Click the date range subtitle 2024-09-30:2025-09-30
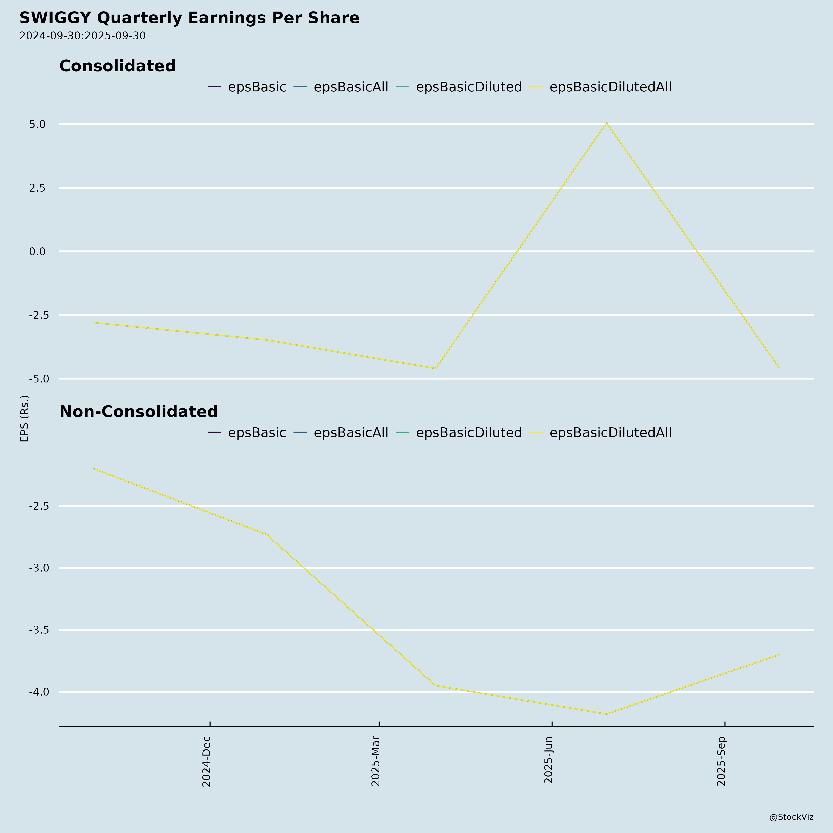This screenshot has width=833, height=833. pyautogui.click(x=82, y=36)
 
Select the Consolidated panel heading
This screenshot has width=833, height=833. pyautogui.click(x=117, y=66)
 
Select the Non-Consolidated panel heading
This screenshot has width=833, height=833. pyautogui.click(x=138, y=412)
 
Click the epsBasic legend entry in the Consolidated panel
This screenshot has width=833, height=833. pyautogui.click(x=257, y=87)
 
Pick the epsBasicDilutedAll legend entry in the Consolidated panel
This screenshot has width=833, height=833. pyautogui.click(x=610, y=87)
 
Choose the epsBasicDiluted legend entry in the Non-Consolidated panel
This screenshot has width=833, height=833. pyautogui.click(x=469, y=432)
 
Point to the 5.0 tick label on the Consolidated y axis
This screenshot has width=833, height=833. pyautogui.click(x=37, y=124)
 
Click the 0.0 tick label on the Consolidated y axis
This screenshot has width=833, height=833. pyautogui.click(x=37, y=251)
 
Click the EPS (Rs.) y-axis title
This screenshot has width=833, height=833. pyautogui.click(x=25, y=418)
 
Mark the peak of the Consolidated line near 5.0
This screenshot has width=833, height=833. pyautogui.click(x=607, y=123)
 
